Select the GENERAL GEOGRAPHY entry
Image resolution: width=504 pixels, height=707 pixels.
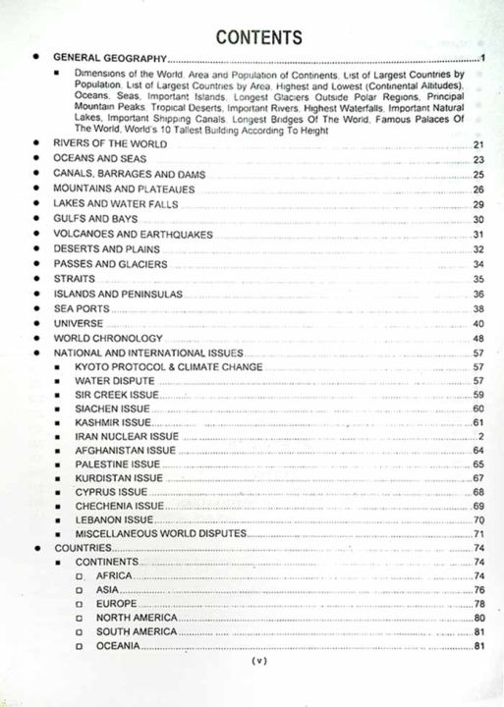pyautogui.click(x=110, y=59)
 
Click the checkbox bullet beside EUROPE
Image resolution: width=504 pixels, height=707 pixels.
pyautogui.click(x=80, y=604)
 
